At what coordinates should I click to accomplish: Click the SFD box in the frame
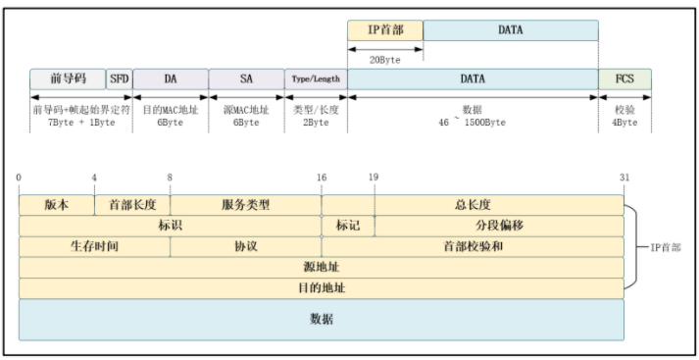point(119,78)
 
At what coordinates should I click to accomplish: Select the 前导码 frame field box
point(68,78)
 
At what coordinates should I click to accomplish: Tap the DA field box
point(171,78)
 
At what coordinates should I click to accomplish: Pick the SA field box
point(246,78)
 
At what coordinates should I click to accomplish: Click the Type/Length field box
point(316,78)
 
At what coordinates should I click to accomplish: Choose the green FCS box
point(624,78)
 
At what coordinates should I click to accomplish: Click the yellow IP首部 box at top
point(385,30)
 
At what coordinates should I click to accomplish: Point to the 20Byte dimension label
point(384,59)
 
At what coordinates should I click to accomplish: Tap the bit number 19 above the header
point(374,177)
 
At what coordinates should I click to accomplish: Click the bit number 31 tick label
point(624,177)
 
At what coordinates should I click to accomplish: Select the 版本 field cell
point(57,205)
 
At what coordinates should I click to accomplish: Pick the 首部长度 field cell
point(132,205)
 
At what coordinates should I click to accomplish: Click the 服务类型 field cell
point(246,205)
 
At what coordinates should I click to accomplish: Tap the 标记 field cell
point(348,226)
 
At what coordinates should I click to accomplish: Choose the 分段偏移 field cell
point(499,226)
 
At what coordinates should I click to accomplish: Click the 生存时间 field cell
point(94,246)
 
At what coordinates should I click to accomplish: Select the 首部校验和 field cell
point(473,246)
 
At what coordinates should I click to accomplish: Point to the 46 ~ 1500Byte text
point(473,122)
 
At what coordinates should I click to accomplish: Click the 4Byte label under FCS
point(624,122)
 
